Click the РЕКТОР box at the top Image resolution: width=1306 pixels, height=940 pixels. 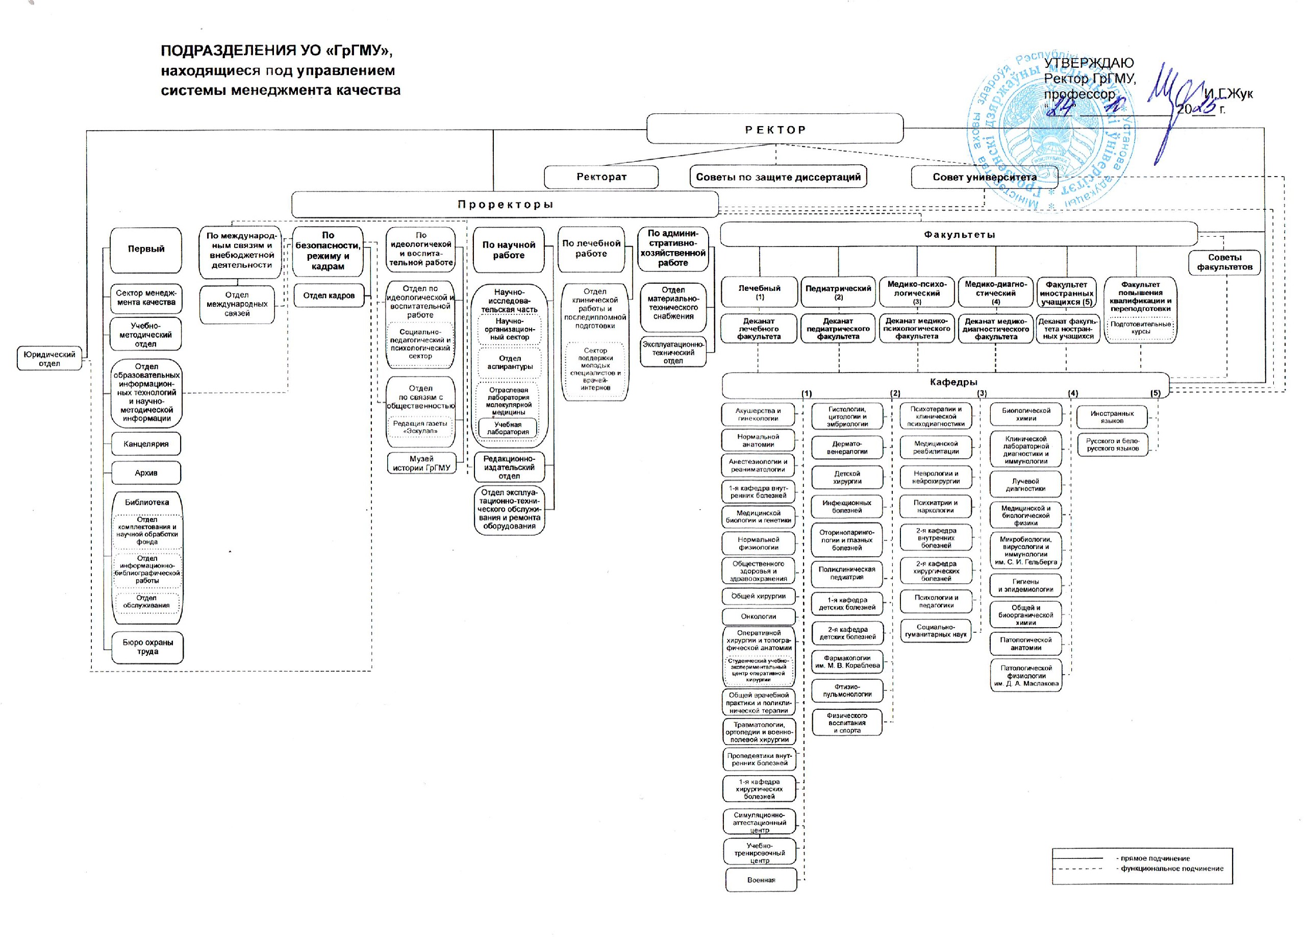tap(774, 129)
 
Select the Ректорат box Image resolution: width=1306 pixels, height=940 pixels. tap(601, 177)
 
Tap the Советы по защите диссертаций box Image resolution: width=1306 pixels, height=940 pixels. tap(778, 177)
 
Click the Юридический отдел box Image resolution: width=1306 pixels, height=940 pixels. tap(49, 358)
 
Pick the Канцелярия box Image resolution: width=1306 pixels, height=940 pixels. tap(146, 443)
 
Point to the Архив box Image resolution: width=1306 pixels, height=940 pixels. tap(146, 473)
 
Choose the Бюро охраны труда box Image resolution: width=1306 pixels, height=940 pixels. tap(147, 647)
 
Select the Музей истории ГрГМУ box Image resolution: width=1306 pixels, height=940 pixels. tap(421, 463)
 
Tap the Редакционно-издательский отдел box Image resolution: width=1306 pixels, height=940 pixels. tap(509, 467)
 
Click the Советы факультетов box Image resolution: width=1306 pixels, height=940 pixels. tap(1225, 262)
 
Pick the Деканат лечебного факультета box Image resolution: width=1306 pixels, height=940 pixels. tap(759, 329)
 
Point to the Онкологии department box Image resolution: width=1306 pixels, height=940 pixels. tap(759, 616)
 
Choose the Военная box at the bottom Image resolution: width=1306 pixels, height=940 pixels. tap(761, 879)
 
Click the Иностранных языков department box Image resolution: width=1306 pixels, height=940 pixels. tap(1112, 417)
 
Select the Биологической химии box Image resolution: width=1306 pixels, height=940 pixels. tap(1026, 414)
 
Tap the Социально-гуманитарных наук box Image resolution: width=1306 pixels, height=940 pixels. tap(936, 631)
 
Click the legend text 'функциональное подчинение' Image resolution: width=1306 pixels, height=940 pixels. tap(1172, 869)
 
